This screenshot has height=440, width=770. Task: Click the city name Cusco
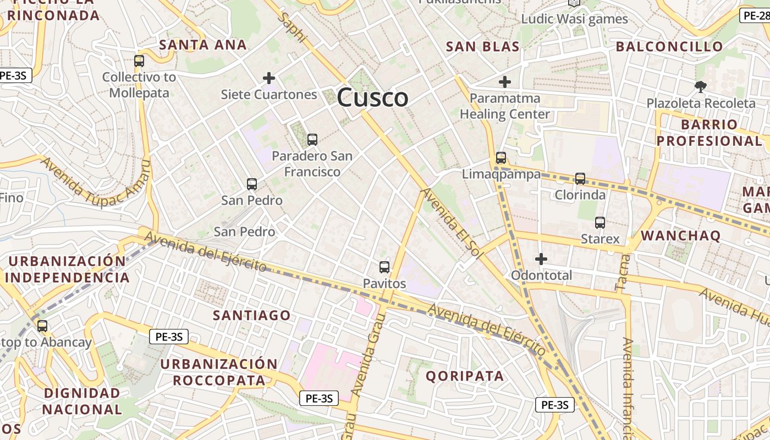(x=372, y=98)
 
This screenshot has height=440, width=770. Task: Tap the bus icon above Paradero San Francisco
(x=312, y=140)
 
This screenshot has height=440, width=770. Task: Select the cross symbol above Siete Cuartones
(x=269, y=78)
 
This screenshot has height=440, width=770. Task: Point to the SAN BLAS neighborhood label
(x=483, y=47)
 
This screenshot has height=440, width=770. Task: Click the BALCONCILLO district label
(x=669, y=47)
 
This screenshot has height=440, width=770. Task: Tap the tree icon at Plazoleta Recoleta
(x=700, y=86)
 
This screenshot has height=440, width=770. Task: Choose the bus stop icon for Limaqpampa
(x=501, y=158)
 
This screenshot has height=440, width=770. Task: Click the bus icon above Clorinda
(x=580, y=179)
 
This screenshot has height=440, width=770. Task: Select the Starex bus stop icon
(x=600, y=223)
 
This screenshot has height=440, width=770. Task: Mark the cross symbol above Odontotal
(x=541, y=258)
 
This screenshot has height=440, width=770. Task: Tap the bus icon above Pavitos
(x=384, y=267)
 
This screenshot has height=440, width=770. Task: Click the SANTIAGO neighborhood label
(x=252, y=315)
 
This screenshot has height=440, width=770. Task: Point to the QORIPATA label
(x=465, y=376)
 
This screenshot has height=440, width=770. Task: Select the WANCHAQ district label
(x=680, y=236)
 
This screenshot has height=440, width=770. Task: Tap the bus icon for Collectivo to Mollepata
(x=139, y=61)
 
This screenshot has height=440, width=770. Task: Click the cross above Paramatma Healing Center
(x=504, y=82)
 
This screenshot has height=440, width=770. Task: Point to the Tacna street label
(x=621, y=272)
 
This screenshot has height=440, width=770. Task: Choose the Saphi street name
(x=291, y=28)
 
